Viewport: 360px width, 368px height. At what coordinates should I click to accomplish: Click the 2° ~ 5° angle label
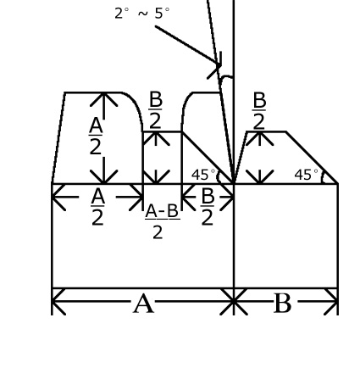point(142,14)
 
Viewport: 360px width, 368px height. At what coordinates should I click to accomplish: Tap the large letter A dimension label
point(143,304)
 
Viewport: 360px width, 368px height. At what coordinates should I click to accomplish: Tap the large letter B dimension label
point(282,304)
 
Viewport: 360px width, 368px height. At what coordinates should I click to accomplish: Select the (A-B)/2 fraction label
point(162,221)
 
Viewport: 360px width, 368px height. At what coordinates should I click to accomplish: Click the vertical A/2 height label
point(96,137)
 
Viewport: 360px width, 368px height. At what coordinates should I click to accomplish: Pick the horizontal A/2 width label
point(98,207)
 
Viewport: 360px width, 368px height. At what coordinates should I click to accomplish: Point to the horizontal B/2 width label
point(208,207)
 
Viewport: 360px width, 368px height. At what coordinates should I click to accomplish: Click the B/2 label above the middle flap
point(156,110)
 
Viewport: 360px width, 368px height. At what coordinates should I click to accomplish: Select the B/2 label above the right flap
point(259,110)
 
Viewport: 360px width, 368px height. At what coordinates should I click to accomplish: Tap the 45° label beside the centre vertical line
point(203,175)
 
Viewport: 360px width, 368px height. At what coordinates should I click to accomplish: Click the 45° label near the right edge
point(306,175)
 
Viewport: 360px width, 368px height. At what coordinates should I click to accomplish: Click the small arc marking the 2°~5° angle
point(226,77)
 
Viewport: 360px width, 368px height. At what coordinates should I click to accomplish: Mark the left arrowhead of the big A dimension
point(58,302)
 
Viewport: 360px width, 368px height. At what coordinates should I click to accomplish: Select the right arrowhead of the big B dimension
point(331,302)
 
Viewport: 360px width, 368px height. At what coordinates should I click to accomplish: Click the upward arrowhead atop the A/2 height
point(104,99)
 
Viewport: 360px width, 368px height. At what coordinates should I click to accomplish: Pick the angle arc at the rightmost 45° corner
point(323,177)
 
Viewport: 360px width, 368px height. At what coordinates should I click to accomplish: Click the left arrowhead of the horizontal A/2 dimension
point(58,197)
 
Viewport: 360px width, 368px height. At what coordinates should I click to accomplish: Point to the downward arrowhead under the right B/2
point(259,176)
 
